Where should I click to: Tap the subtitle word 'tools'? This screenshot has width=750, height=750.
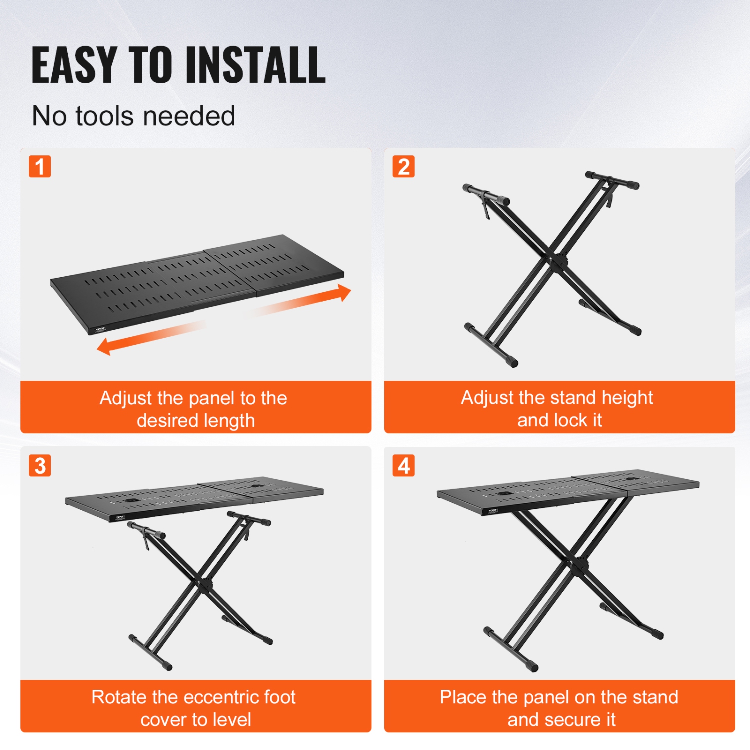point(105,116)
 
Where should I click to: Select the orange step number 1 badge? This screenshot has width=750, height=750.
point(40,167)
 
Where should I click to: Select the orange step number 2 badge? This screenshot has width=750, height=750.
point(403,167)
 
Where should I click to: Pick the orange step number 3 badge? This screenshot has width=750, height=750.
point(40,466)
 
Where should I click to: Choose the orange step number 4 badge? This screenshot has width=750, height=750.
point(403,466)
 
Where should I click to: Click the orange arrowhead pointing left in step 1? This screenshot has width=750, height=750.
point(104,346)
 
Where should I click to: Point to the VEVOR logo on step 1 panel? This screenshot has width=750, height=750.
point(101,329)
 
